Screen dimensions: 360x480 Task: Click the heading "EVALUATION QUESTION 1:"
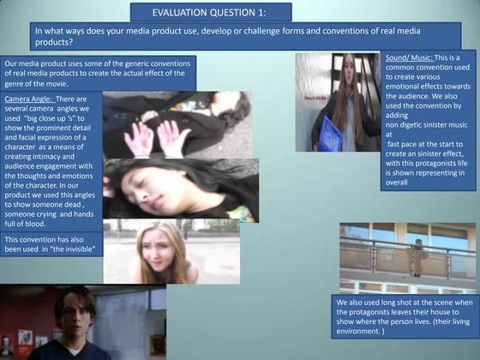[211, 12]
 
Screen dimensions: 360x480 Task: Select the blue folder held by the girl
[331, 133]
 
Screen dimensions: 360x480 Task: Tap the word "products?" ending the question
[54, 41]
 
